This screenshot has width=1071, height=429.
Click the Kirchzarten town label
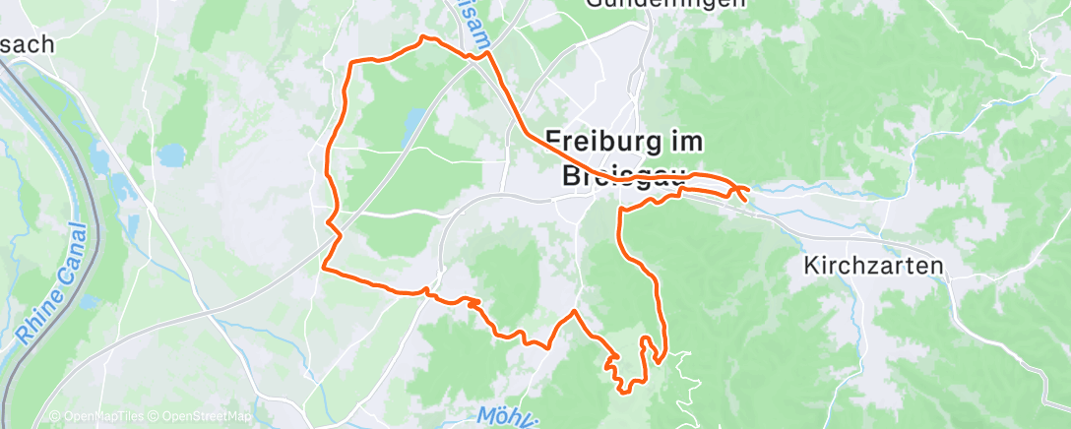click(x=873, y=266)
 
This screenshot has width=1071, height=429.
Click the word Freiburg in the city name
click(x=602, y=141)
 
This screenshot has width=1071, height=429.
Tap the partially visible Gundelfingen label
click(x=665, y=4)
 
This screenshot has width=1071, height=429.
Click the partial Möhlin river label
click(x=506, y=414)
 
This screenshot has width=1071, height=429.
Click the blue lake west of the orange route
click(x=172, y=154)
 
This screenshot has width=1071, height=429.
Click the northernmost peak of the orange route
click(x=423, y=37)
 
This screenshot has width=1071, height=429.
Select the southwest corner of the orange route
click(x=324, y=266)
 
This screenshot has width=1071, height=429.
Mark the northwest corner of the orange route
click(x=352, y=63)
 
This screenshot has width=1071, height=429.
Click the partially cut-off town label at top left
click(x=27, y=44)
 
